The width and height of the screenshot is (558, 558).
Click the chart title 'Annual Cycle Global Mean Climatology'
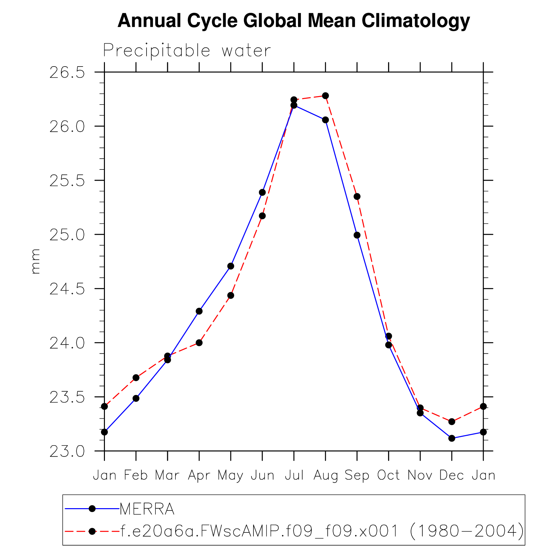coord(293,21)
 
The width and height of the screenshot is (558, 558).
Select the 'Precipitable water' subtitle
coord(187,51)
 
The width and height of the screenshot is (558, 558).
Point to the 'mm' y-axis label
coord(35,261)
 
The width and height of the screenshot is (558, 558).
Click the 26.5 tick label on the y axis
coord(67,73)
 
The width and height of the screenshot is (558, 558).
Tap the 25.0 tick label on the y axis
coord(67,235)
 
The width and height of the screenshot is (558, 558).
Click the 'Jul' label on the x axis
coord(294,475)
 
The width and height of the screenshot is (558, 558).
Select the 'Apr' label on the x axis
coord(199,475)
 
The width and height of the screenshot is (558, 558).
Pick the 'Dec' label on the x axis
coord(451,475)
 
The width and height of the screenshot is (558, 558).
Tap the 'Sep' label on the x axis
coord(357,475)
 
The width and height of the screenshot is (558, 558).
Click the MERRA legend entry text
coord(147,509)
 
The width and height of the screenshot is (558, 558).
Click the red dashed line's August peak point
coord(325,96)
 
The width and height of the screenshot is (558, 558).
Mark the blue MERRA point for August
coord(325,120)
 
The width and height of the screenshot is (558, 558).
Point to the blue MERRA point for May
coord(231,266)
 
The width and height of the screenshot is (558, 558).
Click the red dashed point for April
coord(199,343)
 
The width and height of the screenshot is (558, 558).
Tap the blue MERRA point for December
coord(452,438)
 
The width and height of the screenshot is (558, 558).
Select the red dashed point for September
coord(357,196)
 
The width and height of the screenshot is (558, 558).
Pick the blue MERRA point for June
coord(262,192)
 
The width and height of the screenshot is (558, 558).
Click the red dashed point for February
coord(136,378)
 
